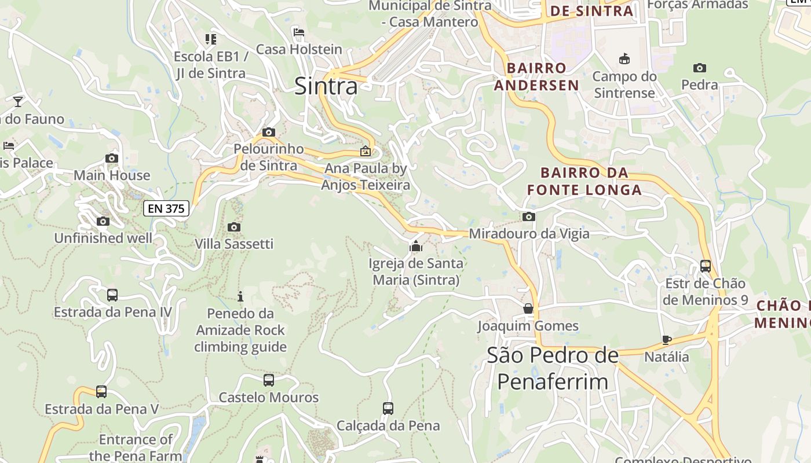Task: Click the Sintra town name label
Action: pyautogui.click(x=326, y=86)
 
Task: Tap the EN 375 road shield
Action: pyautogui.click(x=166, y=208)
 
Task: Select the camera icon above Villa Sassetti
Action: pyautogui.click(x=234, y=227)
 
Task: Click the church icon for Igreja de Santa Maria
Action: pyautogui.click(x=415, y=247)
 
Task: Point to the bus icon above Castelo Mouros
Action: pyautogui.click(x=269, y=380)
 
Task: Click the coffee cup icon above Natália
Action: pyautogui.click(x=667, y=340)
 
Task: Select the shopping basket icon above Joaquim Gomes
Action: pyautogui.click(x=528, y=308)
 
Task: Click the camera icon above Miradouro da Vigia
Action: pyautogui.click(x=528, y=217)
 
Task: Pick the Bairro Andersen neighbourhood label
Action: pyautogui.click(x=543, y=76)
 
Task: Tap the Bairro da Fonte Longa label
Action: pyautogui.click(x=584, y=181)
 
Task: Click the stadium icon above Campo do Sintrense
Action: pyautogui.click(x=624, y=59)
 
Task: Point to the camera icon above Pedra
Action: pyautogui.click(x=700, y=68)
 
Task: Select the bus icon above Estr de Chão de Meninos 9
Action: pyautogui.click(x=706, y=266)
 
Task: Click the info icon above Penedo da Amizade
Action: pyautogui.click(x=240, y=297)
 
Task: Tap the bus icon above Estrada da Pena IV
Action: pyautogui.click(x=112, y=295)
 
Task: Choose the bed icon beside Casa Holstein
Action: pyautogui.click(x=299, y=32)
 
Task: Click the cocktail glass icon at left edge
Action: pyautogui.click(x=18, y=102)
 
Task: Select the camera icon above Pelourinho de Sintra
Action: pyautogui.click(x=268, y=133)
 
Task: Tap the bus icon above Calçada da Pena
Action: pyautogui.click(x=388, y=409)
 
